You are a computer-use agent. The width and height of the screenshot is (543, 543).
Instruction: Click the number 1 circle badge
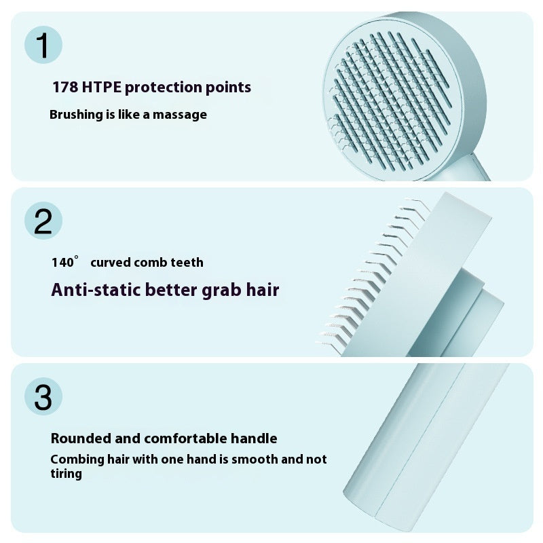[x=43, y=46]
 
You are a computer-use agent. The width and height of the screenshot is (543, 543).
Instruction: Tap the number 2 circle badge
[x=43, y=221]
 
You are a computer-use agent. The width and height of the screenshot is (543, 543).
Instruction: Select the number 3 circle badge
[x=43, y=397]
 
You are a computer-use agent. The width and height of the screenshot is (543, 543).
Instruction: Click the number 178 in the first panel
[x=65, y=88]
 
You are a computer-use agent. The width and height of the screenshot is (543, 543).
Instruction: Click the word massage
[x=180, y=115]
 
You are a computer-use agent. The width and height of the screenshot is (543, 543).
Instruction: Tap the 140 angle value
[x=63, y=263]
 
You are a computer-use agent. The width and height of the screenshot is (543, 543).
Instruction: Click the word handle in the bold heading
[x=253, y=438]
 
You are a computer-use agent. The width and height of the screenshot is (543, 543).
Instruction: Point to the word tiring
[x=67, y=474]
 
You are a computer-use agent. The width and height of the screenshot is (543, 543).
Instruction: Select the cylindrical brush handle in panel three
[x=421, y=448]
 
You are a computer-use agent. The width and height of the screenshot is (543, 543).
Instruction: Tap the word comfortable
[x=185, y=438]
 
